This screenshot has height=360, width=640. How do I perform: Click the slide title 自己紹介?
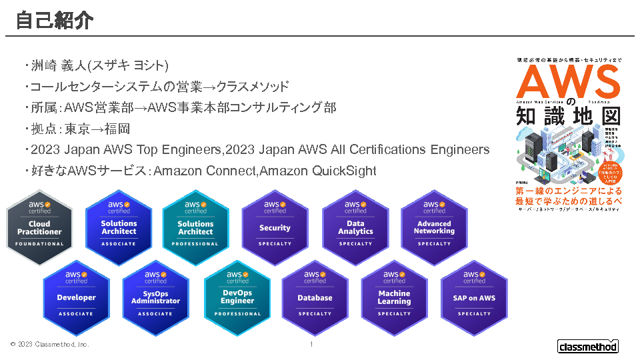[55, 20]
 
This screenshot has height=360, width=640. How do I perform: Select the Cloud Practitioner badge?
[39, 227]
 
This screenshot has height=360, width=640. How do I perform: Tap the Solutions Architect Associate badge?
[119, 227]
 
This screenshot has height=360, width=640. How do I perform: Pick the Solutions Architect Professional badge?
[195, 227]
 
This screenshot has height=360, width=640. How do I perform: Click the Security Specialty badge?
[275, 227]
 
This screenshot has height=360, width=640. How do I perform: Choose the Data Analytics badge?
[355, 227]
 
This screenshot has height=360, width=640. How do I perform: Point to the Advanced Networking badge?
[434, 227]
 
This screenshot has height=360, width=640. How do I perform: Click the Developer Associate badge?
[76, 297]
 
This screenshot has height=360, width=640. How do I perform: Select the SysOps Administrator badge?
[155, 297]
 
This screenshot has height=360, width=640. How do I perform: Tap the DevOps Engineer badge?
[237, 297]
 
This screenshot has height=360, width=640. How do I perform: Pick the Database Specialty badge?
[315, 297]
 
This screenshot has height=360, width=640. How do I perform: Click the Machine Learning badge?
[394, 297]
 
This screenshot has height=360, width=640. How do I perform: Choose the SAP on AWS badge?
[474, 297]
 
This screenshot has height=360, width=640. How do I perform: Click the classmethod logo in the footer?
[587, 346]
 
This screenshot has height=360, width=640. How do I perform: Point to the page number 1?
[311, 345]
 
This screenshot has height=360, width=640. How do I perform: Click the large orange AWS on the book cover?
[568, 83]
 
